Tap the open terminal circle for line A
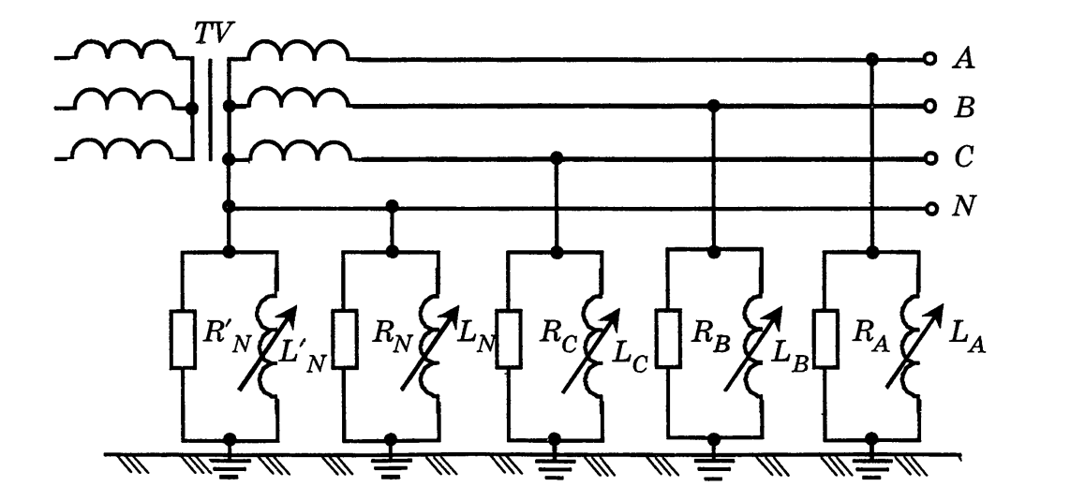click(929, 59)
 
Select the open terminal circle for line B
click(929, 106)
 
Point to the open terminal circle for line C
click(929, 158)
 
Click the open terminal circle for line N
click(929, 206)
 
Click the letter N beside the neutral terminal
click(962, 206)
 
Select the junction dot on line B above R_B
click(715, 106)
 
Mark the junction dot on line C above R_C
click(557, 158)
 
